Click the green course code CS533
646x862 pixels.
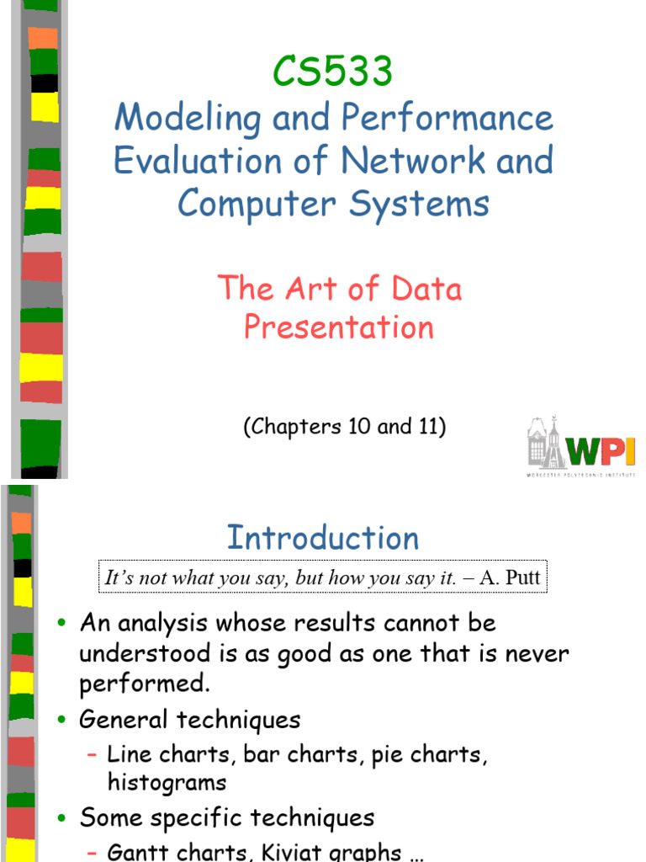[x=333, y=72]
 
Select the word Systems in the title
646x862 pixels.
[x=421, y=204]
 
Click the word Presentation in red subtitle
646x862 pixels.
[x=339, y=327]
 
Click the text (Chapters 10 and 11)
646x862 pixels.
[x=345, y=427]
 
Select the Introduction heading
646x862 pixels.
[x=323, y=538]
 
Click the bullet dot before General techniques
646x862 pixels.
[x=61, y=721]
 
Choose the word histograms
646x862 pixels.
[x=167, y=782]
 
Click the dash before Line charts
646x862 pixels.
[x=93, y=754]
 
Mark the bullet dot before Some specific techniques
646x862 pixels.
[x=61, y=818]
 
